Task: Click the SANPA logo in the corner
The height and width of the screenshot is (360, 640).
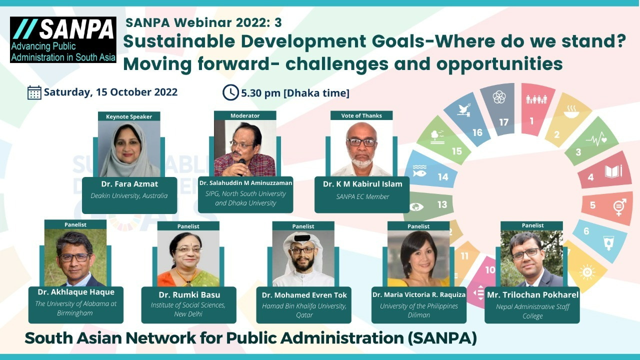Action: [63, 39]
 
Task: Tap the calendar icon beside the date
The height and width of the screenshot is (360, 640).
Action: [34, 92]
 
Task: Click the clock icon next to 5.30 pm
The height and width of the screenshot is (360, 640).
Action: [230, 92]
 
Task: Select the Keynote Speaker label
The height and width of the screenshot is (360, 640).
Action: [129, 116]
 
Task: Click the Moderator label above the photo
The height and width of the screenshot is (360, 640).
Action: [245, 115]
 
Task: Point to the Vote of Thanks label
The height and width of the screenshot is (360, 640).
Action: [361, 115]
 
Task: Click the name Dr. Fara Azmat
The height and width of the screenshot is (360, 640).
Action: [129, 184]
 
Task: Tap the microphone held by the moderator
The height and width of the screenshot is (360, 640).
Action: [241, 165]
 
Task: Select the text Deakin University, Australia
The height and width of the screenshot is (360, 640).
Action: [129, 195]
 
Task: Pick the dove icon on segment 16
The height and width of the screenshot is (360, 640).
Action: [464, 109]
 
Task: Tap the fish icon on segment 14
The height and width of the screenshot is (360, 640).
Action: [419, 171]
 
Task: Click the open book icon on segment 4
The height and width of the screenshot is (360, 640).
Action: [613, 171]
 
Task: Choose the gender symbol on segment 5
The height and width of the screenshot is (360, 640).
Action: [619, 207]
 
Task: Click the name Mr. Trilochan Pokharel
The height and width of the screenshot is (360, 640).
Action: [532, 295]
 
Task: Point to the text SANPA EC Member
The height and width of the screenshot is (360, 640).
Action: [362, 196]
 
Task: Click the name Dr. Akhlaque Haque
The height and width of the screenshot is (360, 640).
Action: [76, 292]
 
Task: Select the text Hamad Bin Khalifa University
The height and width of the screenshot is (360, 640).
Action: [304, 306]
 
